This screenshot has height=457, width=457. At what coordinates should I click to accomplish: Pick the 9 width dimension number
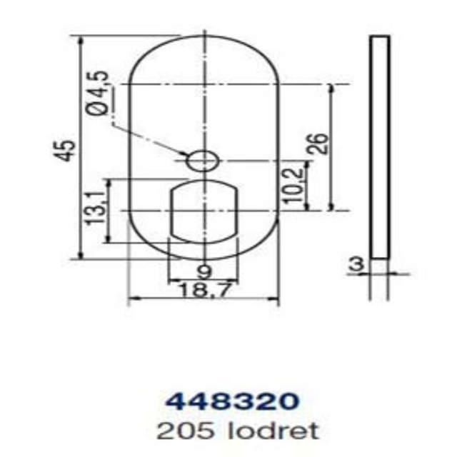[204, 271]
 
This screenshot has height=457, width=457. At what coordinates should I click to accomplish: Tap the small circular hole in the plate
[201, 161]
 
